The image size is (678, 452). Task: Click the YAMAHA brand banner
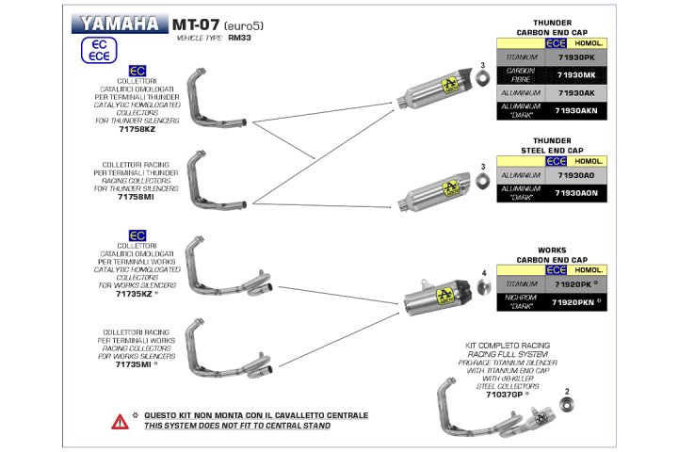pos(119,24)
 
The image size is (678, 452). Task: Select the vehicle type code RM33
pos(238,40)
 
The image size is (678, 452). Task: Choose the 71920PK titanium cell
pos(576,283)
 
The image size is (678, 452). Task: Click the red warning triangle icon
pos(120,421)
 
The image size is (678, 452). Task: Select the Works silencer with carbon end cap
pos(438,299)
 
